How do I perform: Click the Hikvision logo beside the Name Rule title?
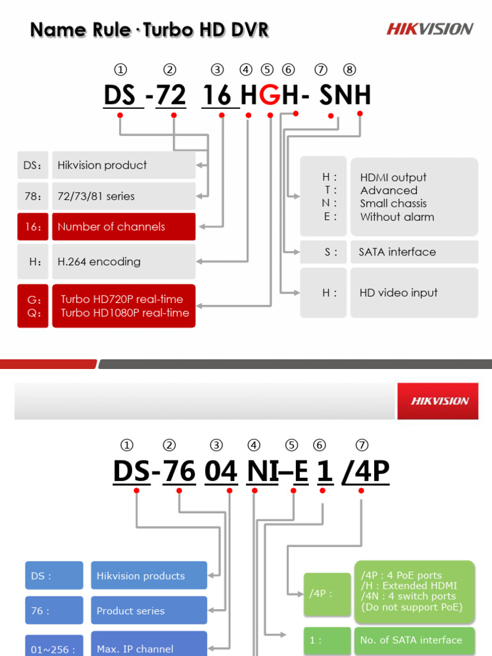coord(429,29)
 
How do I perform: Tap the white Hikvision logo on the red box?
coord(439,401)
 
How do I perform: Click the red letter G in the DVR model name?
coord(271,95)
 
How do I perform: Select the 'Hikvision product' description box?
coord(124,165)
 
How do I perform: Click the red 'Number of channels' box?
coord(124,227)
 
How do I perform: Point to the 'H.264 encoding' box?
coord(124,261)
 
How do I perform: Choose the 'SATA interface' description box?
coord(414,252)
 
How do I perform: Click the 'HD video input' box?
coord(414,293)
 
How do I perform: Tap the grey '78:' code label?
coord(33,196)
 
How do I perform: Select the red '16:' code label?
coord(33,227)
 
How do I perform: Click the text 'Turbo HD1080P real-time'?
coord(125,313)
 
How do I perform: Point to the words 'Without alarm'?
coord(397,217)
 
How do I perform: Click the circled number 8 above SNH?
coord(349,70)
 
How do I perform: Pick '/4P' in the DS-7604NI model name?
coord(366,471)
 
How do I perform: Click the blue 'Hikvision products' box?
coord(149,576)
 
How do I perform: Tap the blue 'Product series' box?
coord(149,611)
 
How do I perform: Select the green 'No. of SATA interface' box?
coord(414,640)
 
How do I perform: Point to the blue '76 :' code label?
coord(54,611)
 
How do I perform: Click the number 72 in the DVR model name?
coord(171,95)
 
